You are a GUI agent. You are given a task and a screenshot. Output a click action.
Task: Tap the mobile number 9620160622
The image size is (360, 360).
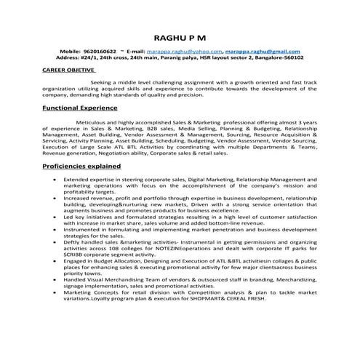pyautogui.click(x=100, y=52)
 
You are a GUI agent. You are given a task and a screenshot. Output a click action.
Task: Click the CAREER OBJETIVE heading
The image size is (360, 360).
pyautogui.click(x=69, y=71)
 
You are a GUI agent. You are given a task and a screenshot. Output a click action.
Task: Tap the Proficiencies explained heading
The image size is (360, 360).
pyautogui.click(x=81, y=166)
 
